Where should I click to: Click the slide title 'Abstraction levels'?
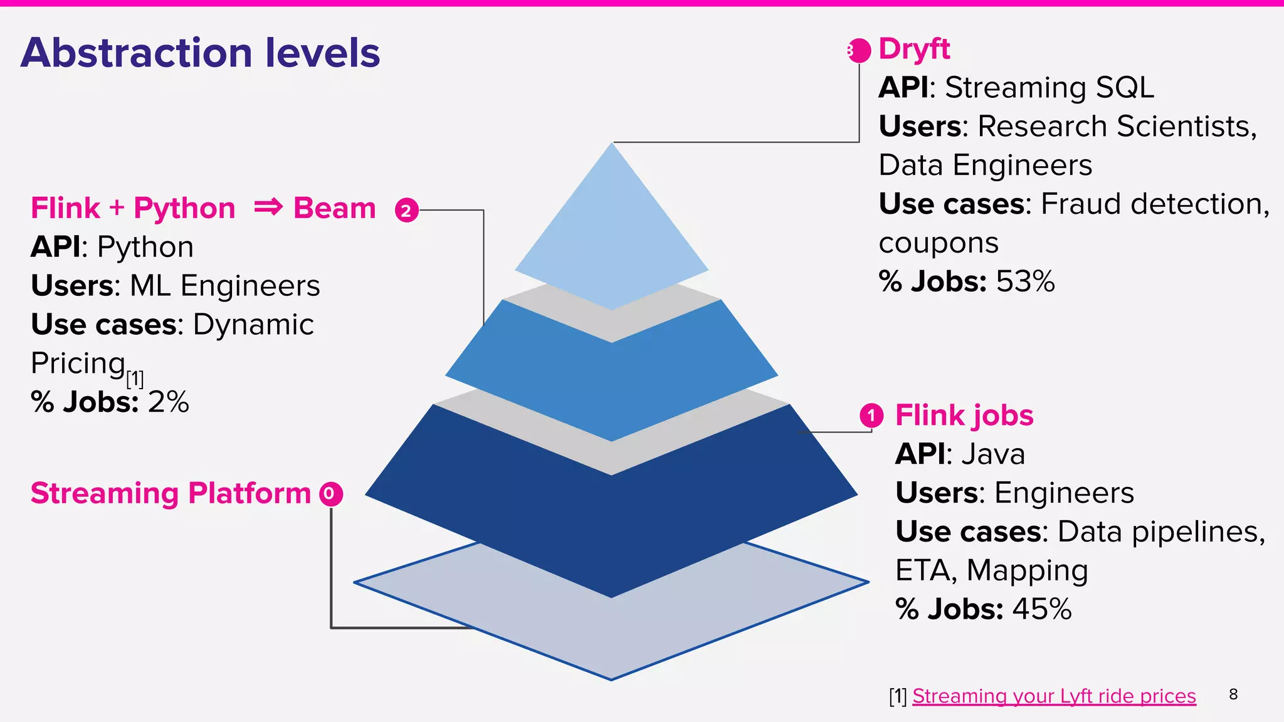coord(200,53)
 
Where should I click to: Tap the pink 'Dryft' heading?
coord(913,49)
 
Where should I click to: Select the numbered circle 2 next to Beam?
coord(406,211)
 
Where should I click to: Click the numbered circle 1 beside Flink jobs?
coord(871,416)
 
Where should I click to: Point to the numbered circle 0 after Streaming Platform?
coord(330,494)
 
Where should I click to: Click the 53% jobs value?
coord(1025,281)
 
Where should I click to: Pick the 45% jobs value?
coord(1041,609)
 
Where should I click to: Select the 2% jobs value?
coord(168,402)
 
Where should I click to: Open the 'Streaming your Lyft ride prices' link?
coord(1053,696)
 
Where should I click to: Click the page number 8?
coord(1233,694)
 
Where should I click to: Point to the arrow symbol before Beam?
coord(268,207)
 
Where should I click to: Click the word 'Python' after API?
coord(145,247)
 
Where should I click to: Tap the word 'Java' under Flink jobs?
coord(993,454)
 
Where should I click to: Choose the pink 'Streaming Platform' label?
coord(171,493)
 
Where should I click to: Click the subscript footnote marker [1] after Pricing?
coord(135,379)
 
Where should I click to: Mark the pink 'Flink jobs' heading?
coord(964,416)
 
